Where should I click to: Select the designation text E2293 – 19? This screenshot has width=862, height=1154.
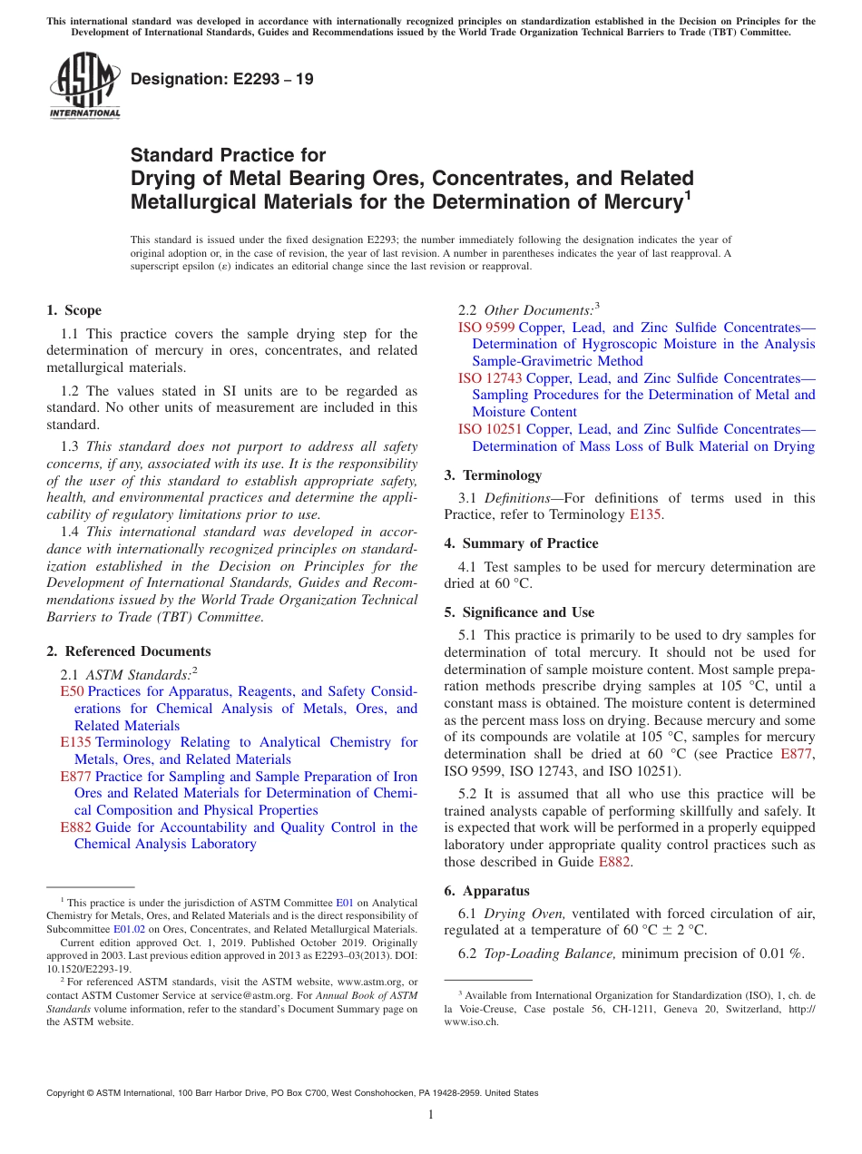[x=221, y=79]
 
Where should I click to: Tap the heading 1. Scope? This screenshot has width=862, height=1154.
[x=73, y=310]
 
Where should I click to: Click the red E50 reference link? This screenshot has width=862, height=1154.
[x=72, y=691]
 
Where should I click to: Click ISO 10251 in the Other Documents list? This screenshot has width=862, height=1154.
[x=490, y=429]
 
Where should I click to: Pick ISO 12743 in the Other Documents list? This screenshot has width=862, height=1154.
[x=490, y=378]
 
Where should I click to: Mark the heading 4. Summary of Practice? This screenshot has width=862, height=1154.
[x=521, y=543]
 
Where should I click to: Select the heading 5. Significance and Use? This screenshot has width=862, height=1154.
[x=519, y=612]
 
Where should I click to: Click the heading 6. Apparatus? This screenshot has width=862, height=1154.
[x=487, y=891]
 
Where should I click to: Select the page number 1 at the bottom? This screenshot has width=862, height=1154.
[x=431, y=1115]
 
